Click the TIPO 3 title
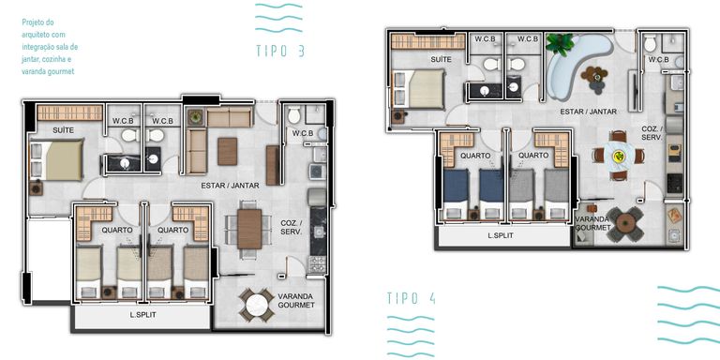coord(280,51)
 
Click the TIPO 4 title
coord(411,298)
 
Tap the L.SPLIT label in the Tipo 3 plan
coord(142,315)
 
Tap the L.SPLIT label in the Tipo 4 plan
coord(501,235)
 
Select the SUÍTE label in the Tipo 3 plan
coord(63,130)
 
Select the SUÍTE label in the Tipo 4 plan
coord(441,59)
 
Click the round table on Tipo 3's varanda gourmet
coord(257,305)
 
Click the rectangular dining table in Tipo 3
coord(249,229)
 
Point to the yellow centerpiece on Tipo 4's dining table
coord(620,157)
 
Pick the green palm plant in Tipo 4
coord(560,44)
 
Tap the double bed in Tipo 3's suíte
coord(56,159)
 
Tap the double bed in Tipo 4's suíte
coord(418,89)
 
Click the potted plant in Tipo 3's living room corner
coord(196,117)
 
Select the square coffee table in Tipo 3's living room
coord(227,152)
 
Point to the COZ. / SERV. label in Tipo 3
coord(292,227)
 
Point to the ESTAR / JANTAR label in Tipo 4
coord(588,112)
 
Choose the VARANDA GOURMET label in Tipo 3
coord(296,300)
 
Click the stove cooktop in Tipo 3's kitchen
coord(317,264)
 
